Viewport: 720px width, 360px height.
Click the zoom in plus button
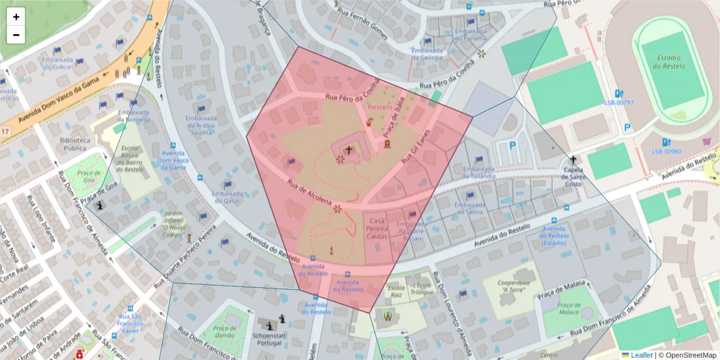point(16,17)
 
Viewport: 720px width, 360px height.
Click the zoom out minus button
point(16,35)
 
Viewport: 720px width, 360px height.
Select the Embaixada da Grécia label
point(58,64)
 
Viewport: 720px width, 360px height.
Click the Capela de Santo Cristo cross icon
point(574,160)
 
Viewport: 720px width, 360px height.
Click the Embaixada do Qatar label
point(227,197)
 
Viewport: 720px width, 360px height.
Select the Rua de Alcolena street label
point(309,193)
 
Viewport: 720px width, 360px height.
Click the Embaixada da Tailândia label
point(479,172)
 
